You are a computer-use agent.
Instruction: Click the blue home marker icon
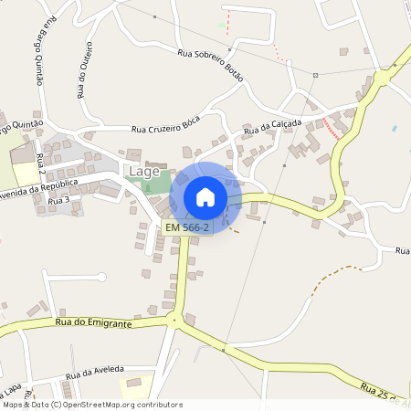pos(205,196)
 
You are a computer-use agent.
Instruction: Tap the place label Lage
pos(144,171)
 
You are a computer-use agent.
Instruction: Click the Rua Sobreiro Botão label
pos(211,65)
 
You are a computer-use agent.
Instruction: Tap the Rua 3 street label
pos(58,199)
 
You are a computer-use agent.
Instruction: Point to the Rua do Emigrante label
pos(93,322)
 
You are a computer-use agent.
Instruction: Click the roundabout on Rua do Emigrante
pos(172,319)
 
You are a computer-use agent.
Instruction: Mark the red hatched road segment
pos(334,128)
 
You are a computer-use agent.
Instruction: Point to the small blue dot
pos(395,129)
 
